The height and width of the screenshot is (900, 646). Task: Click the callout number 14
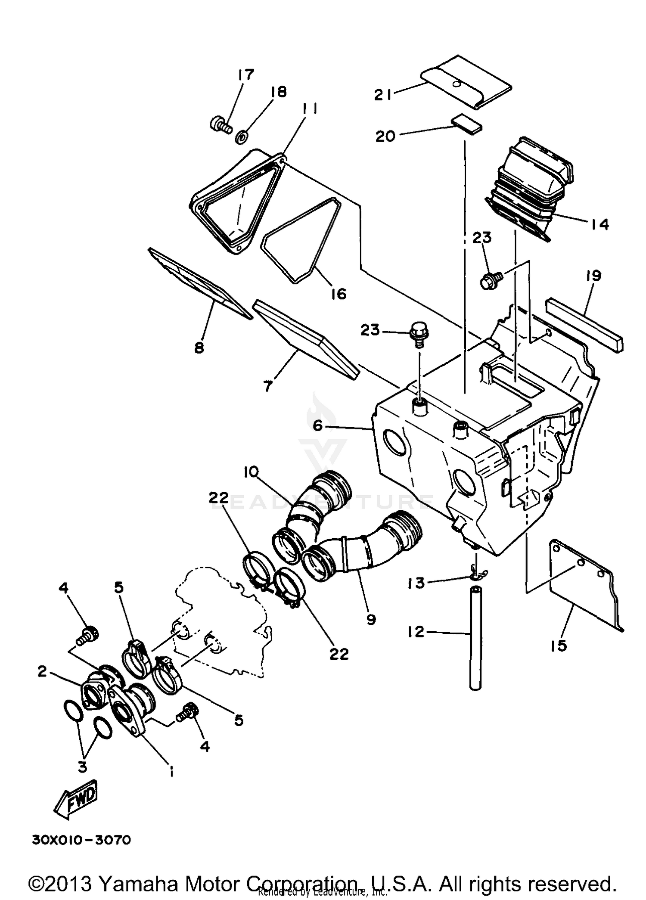[x=599, y=224]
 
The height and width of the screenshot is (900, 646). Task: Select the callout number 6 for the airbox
[x=317, y=426]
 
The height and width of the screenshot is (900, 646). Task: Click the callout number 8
[x=199, y=348]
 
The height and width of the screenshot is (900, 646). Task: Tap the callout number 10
[x=251, y=472]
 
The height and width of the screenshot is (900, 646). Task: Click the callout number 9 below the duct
[x=370, y=620]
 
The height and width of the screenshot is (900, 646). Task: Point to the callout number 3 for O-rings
[x=82, y=766]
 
